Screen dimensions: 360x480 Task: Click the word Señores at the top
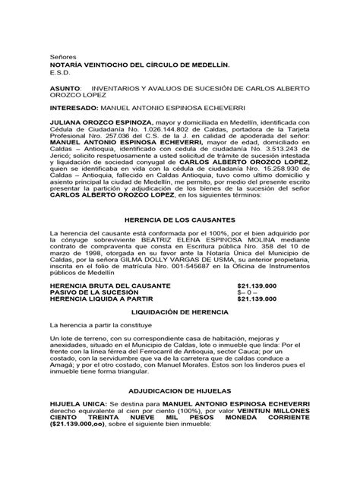[x=62, y=57]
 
